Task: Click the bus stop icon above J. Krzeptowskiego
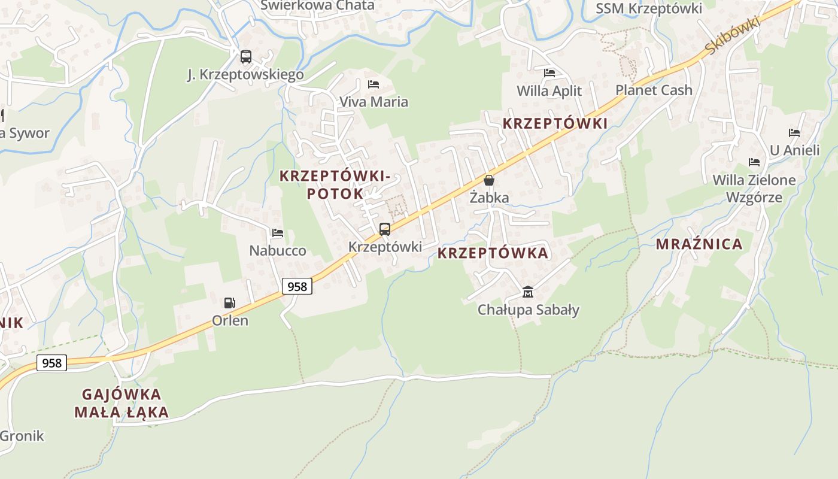click(245, 57)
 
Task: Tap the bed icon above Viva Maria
click(374, 84)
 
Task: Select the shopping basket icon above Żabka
click(489, 180)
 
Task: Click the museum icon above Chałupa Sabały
click(528, 292)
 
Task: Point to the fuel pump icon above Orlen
click(230, 303)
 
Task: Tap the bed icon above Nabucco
click(277, 233)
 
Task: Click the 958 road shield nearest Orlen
click(297, 287)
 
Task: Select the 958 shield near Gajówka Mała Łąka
click(51, 363)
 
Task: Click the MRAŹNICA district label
click(699, 244)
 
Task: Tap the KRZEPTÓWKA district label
click(493, 253)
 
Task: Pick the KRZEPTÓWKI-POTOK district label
click(335, 184)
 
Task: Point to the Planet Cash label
click(654, 90)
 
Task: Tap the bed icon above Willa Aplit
click(549, 73)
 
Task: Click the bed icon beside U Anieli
click(794, 133)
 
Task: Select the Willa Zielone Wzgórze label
click(754, 189)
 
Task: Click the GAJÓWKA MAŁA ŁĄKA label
click(122, 403)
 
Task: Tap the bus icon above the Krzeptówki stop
click(385, 229)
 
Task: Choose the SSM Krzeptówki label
click(649, 8)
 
